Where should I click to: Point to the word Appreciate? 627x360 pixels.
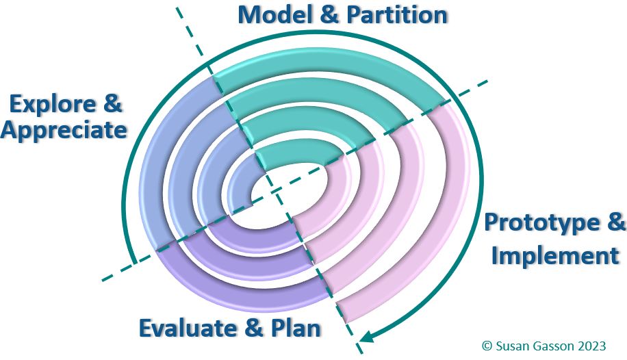(x=64, y=130)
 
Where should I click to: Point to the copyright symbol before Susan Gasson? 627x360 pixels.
(x=487, y=346)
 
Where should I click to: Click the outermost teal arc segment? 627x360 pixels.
(x=329, y=79)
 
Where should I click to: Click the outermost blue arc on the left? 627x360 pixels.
(x=154, y=171)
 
